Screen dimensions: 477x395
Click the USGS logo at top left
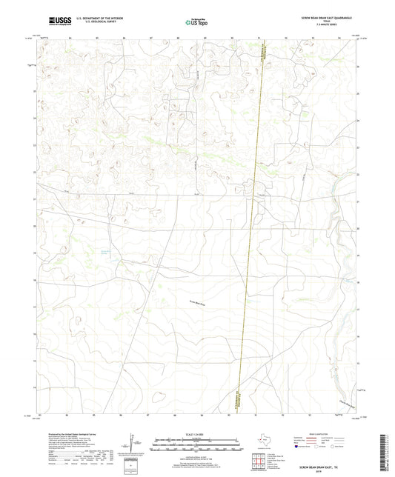coord(59,19)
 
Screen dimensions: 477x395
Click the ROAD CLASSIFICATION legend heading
coord(325,434)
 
